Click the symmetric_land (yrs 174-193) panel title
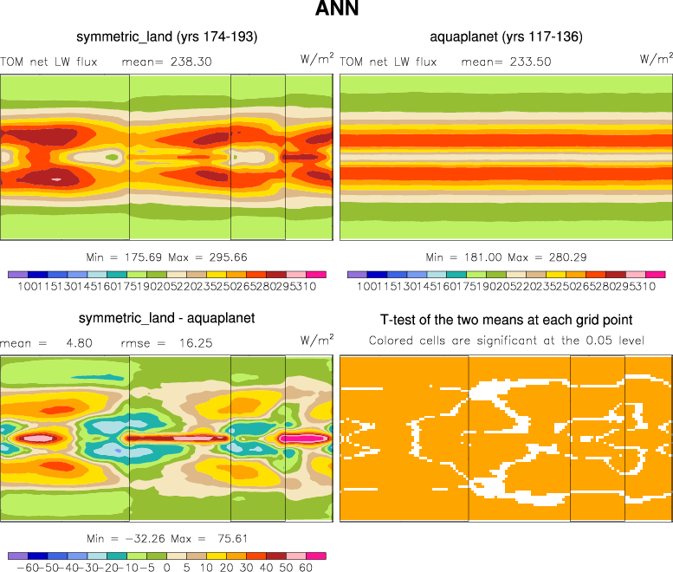[x=166, y=36]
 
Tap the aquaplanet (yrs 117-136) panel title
[x=506, y=36]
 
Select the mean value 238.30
[x=191, y=62]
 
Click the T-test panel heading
[x=506, y=320]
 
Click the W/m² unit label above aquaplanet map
[x=656, y=58]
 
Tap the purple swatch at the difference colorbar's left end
[x=17, y=556]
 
